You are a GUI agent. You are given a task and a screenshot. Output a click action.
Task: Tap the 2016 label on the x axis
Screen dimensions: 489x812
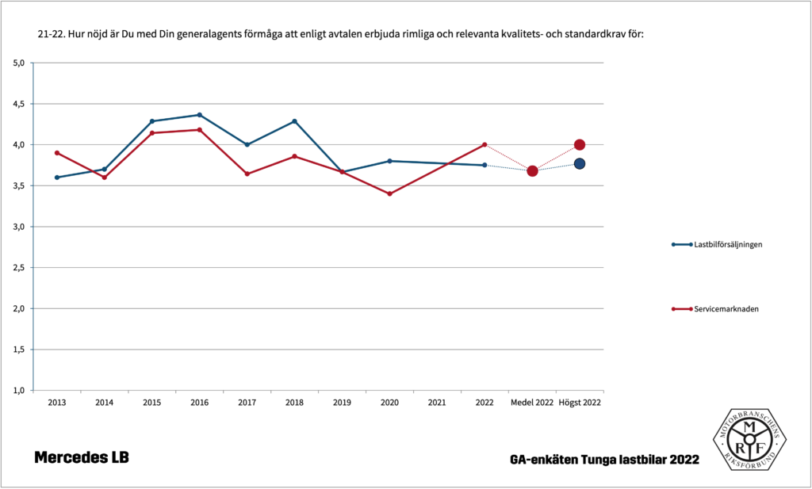pos(199,403)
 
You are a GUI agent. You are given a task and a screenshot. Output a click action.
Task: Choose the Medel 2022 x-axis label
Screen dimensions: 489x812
pos(532,403)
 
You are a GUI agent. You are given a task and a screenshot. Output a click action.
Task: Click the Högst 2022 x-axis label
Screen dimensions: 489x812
pos(580,403)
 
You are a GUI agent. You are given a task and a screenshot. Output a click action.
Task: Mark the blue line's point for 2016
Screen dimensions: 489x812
pos(199,115)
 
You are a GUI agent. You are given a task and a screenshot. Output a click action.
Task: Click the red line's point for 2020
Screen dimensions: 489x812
pos(389,193)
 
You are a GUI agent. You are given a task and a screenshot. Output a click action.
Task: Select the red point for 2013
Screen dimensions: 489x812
pos(56,153)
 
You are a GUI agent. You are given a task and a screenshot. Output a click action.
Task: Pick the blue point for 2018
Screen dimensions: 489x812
pos(294,121)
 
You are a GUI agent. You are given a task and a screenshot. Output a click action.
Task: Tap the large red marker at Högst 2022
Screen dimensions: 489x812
pos(580,145)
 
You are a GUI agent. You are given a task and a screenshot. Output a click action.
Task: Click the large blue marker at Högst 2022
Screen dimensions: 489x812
pos(580,163)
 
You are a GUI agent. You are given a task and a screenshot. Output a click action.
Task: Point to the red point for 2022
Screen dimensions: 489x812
pos(485,144)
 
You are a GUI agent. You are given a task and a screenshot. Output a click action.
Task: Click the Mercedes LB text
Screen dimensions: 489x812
pos(81,458)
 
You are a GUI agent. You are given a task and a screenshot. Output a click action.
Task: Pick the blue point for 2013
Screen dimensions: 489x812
pos(56,178)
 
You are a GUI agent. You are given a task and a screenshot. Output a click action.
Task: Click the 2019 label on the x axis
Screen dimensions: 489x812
pos(342,403)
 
